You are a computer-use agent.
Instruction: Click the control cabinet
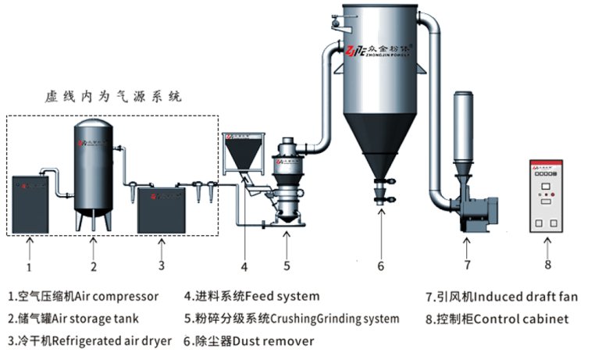click(547, 196)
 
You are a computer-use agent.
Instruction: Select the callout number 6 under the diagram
click(381, 266)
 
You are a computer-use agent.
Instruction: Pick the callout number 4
click(244, 266)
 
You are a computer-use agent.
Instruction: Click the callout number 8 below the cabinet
click(547, 265)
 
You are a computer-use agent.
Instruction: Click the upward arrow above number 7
click(467, 248)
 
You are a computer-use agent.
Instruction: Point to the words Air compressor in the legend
click(117, 297)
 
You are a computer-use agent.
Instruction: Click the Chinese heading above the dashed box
click(113, 98)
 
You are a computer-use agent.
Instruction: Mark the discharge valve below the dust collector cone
click(381, 191)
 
